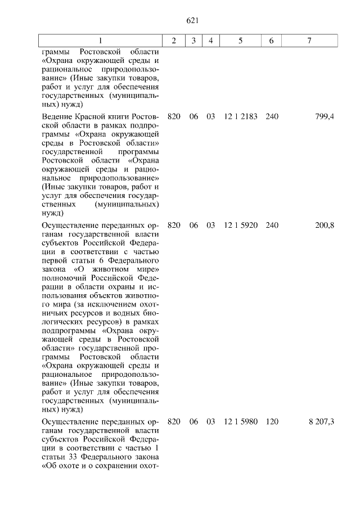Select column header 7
click(309, 41)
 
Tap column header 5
click(240, 41)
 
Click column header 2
click(174, 41)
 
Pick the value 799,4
click(325, 116)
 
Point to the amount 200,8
click(325, 225)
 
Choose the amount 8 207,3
click(321, 421)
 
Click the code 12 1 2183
click(240, 116)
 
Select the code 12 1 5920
click(240, 225)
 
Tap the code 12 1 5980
click(240, 421)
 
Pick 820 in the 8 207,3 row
click(174, 421)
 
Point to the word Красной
click(96, 116)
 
